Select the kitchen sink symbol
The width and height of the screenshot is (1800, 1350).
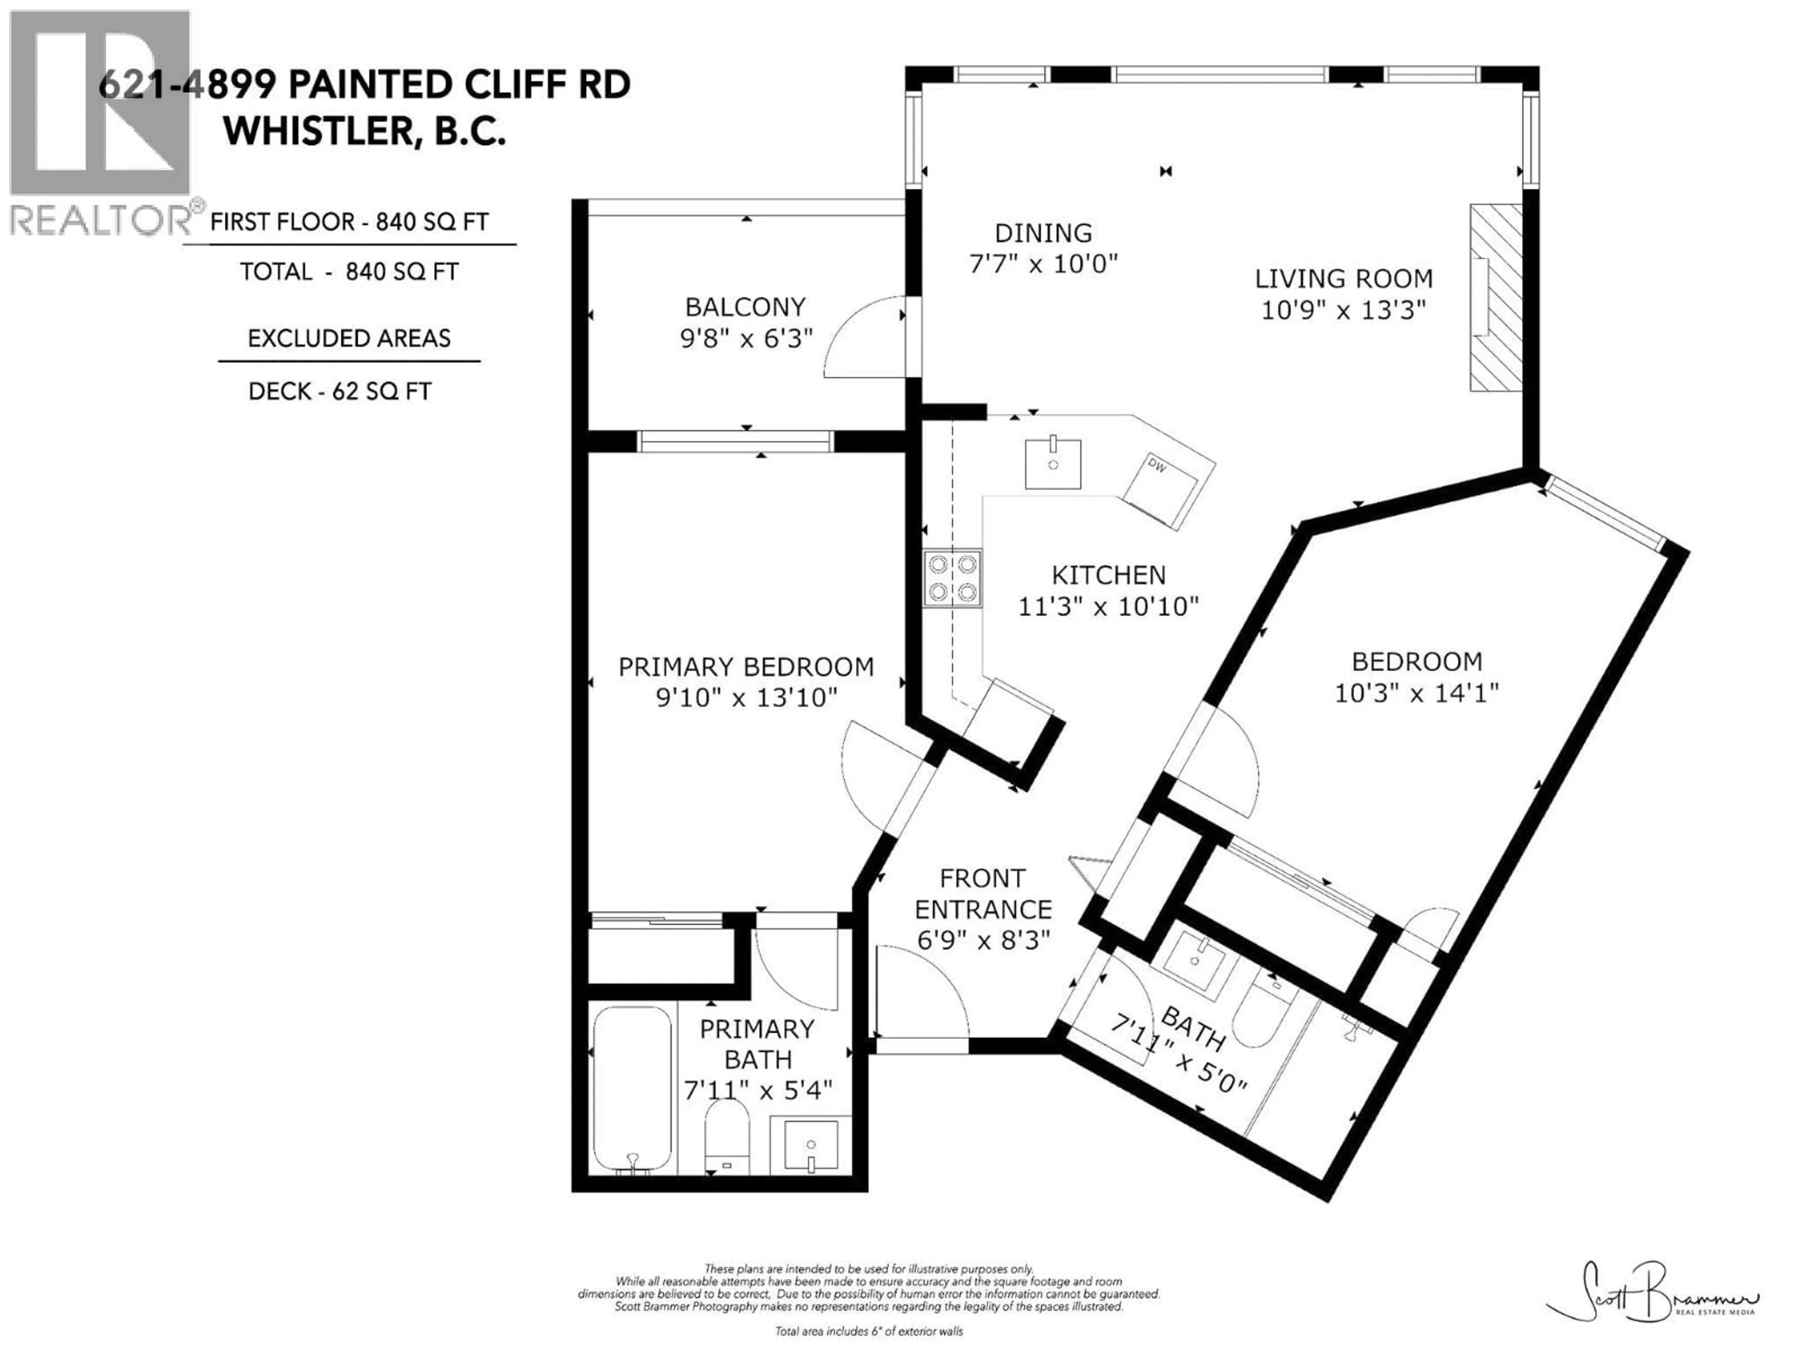[1053, 464]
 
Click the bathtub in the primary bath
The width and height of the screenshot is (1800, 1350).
[632, 1089]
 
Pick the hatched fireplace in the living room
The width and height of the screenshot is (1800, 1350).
[1496, 297]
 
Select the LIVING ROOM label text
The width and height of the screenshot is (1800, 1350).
[1343, 278]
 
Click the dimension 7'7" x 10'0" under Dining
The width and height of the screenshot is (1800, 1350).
[1043, 263]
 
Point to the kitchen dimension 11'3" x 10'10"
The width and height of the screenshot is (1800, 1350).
[1108, 606]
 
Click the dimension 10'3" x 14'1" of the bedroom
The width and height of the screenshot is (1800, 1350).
[1417, 692]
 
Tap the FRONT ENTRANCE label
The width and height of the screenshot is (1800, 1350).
[983, 893]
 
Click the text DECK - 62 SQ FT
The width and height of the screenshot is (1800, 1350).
[339, 391]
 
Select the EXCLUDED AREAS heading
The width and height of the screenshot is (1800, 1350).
[349, 338]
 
